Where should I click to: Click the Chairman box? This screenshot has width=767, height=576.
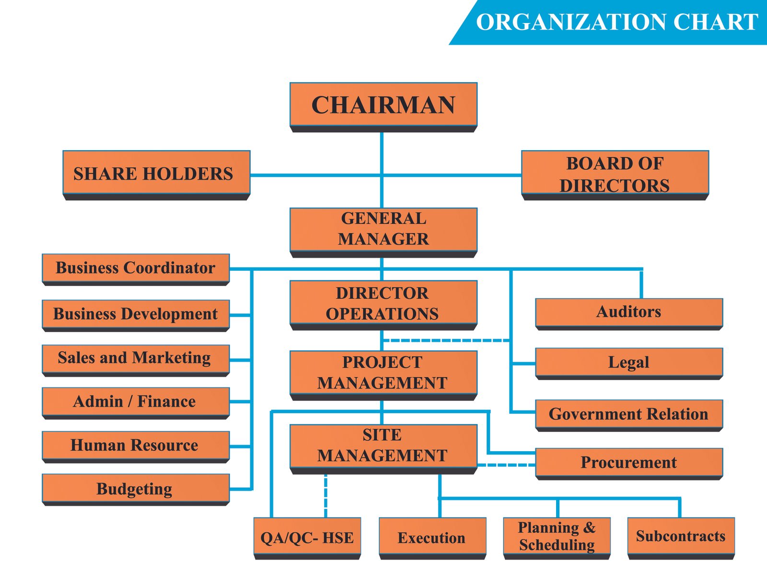(x=383, y=105)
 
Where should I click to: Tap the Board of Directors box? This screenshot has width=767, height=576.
(x=615, y=173)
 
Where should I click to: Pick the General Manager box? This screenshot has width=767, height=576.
(x=383, y=229)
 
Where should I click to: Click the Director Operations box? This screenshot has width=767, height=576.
(x=383, y=303)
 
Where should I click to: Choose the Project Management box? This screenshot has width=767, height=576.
(x=383, y=373)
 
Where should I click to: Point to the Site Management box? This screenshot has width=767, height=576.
(x=383, y=445)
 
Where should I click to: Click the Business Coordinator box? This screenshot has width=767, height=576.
(x=136, y=268)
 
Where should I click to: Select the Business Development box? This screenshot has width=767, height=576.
(x=136, y=314)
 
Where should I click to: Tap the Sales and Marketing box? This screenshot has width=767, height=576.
(x=136, y=358)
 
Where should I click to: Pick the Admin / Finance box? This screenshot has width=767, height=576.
(x=136, y=401)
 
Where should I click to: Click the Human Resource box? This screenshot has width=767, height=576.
(x=136, y=445)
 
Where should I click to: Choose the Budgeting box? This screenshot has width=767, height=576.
(x=136, y=488)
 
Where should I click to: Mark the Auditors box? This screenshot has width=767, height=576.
(x=628, y=312)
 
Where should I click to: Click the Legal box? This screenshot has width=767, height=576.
(x=628, y=362)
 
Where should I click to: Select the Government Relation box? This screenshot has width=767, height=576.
(x=628, y=414)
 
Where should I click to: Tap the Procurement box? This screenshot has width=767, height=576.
(x=628, y=462)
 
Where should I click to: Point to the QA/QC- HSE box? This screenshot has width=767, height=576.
(x=307, y=537)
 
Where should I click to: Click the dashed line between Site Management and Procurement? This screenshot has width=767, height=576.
(x=506, y=465)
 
